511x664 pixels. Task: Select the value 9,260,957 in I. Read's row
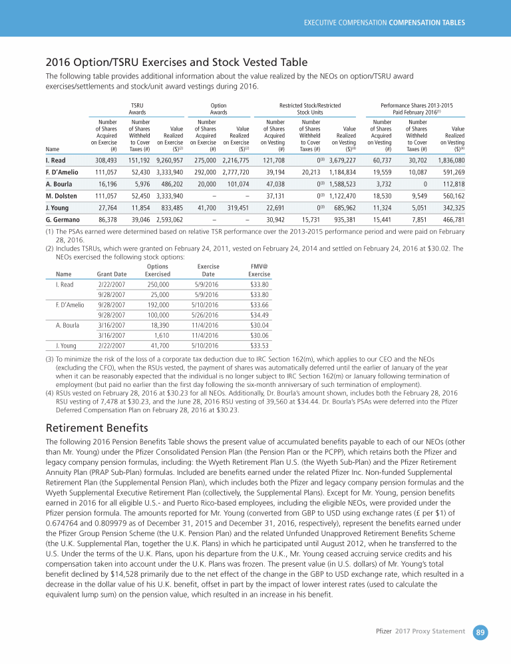coord(169,161)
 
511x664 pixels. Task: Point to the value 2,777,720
coord(235,172)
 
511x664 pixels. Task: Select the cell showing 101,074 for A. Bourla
coord(238,184)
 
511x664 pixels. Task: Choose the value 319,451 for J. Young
coord(238,208)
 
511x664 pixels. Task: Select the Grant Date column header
coord(111,274)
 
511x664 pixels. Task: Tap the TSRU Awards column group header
coord(137,109)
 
